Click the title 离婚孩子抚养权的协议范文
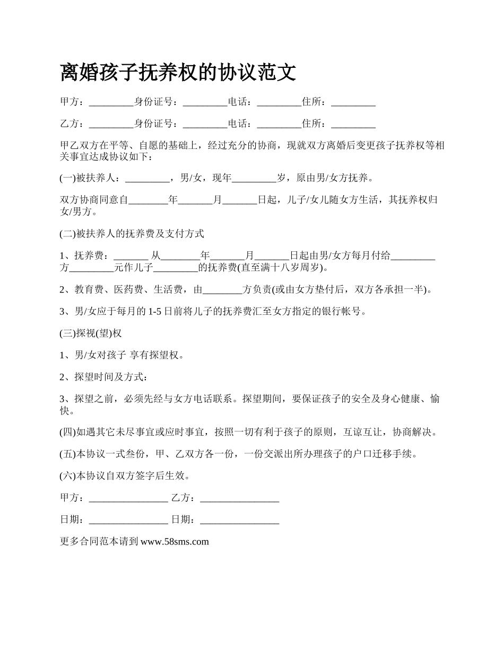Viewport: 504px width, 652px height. pos(178,73)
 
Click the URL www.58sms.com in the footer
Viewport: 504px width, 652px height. pos(175,541)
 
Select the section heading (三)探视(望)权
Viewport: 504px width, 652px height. pos(91,333)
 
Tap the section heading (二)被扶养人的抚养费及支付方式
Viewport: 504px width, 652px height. pos(132,234)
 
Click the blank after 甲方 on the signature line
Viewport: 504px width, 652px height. pos(128,498)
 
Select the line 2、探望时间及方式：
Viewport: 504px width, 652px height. pos(103,377)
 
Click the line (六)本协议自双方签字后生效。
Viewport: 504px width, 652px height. pos(125,476)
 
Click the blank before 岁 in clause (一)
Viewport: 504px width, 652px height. pos(255,178)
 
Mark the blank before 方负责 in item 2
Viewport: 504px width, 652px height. pos(222,289)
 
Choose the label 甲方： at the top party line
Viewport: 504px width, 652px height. pos(72,102)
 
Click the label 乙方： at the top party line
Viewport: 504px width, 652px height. pos(72,124)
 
